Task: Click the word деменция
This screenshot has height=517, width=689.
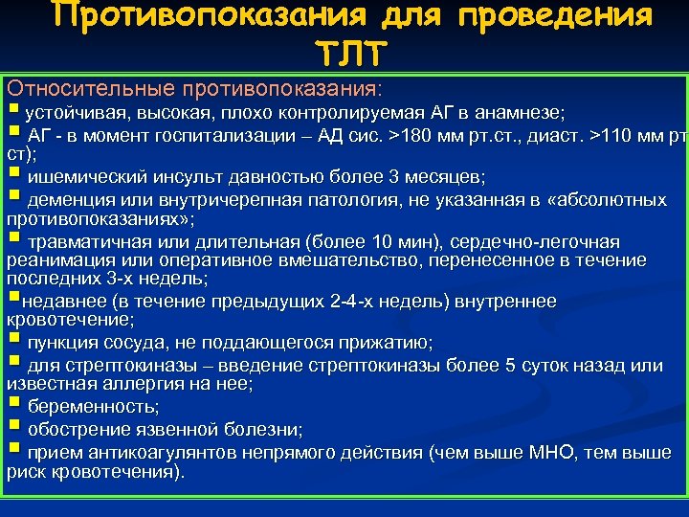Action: (x=66, y=200)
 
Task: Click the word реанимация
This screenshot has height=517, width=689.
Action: (x=52, y=259)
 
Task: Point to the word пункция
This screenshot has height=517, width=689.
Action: (x=59, y=342)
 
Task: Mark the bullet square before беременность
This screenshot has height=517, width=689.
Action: (x=13, y=404)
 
